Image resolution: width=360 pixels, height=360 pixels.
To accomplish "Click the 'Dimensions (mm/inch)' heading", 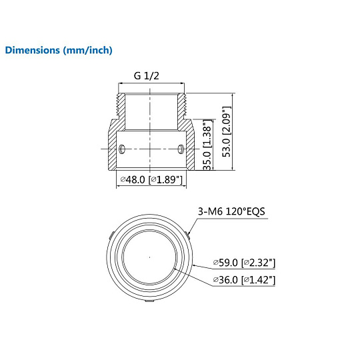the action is click(59, 50).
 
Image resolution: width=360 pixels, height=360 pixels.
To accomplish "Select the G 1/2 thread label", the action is click(146, 76).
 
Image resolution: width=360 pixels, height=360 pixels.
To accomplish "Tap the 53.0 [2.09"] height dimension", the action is click(226, 131).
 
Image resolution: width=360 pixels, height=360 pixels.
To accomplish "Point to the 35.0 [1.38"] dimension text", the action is click(207, 145).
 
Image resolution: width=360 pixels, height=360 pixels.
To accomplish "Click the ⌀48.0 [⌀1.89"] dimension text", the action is click(151, 179).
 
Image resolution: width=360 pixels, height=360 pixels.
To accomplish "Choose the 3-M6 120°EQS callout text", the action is click(231, 211).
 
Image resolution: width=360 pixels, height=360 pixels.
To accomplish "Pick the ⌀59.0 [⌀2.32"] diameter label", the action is click(244, 263).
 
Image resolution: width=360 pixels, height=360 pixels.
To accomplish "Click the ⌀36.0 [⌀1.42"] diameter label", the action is click(244, 280).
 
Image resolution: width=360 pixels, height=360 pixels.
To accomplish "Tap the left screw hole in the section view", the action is click(122, 149).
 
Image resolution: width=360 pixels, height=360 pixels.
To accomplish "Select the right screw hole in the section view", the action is click(181, 149).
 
